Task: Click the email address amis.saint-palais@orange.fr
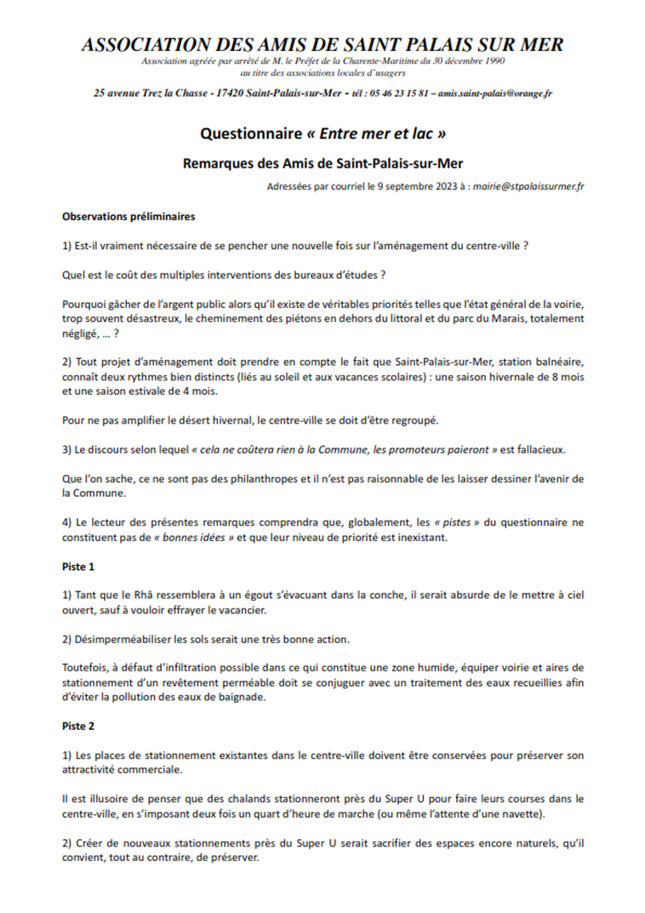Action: [x=494, y=93]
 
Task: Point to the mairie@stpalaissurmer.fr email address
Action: [x=533, y=185]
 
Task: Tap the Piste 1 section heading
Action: [x=78, y=567]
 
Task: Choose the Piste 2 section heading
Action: [x=78, y=727]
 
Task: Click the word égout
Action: [x=265, y=596]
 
